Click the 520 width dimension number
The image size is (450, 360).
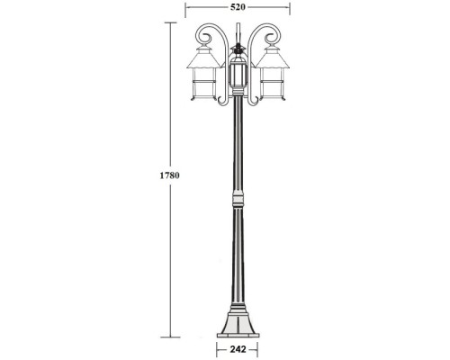click(x=238, y=6)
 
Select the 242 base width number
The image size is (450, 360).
click(x=238, y=348)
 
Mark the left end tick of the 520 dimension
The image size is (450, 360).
click(x=185, y=7)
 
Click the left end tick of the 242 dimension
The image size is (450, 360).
click(x=216, y=348)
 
